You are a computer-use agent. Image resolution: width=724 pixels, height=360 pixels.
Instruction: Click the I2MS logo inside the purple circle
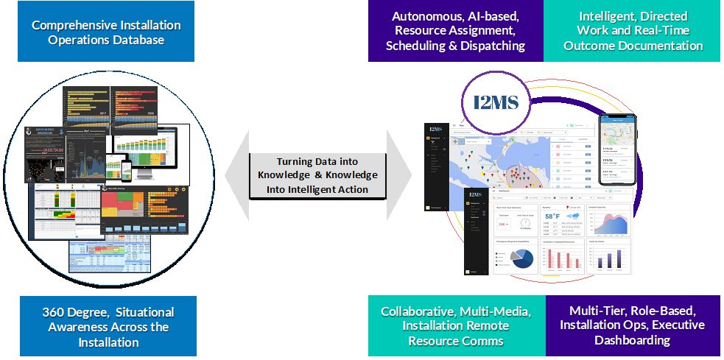(x=496, y=101)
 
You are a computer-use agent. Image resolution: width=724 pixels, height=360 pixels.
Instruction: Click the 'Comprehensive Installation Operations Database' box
(x=106, y=32)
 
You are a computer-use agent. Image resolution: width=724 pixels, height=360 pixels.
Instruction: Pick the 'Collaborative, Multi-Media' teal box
(x=457, y=326)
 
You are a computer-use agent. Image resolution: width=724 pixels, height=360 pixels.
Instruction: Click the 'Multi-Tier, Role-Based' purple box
(x=632, y=326)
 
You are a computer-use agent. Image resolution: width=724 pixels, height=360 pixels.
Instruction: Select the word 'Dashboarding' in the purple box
(x=632, y=341)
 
